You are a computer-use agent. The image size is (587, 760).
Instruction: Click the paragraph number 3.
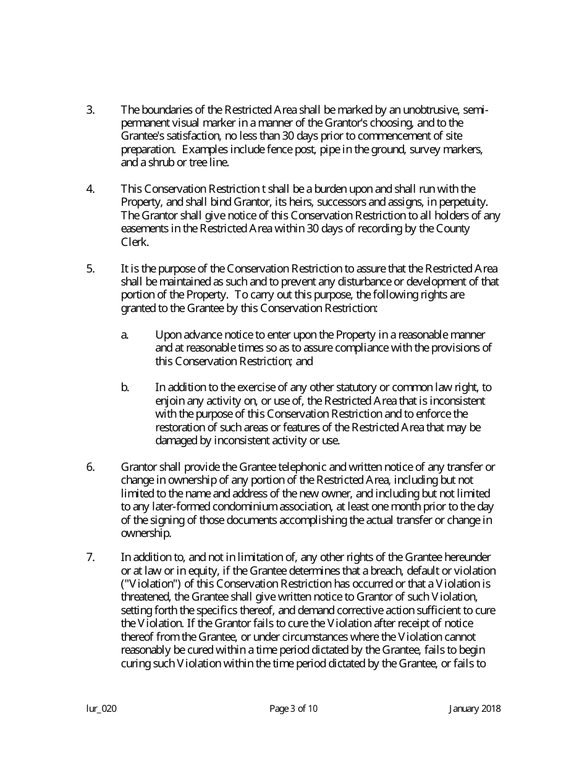[x=90, y=110]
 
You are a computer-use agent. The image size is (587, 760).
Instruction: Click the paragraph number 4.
[x=90, y=188]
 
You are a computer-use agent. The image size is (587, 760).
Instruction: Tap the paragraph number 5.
[x=90, y=268]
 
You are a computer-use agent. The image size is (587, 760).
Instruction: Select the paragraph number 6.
[x=90, y=467]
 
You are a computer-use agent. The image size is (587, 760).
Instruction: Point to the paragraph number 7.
[x=90, y=557]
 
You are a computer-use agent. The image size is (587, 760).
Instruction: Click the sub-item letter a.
[x=124, y=334]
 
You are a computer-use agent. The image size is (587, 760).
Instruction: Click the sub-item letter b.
[x=124, y=387]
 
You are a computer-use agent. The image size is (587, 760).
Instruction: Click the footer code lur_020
[x=101, y=709]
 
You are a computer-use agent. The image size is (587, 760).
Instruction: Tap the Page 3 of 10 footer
[x=293, y=709]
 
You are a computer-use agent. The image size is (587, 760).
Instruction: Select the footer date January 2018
[x=475, y=709]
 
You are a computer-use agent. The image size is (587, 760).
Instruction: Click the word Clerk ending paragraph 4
[x=134, y=242]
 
